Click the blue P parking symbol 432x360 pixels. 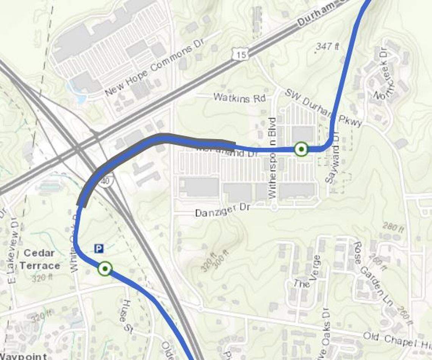(x=99, y=249)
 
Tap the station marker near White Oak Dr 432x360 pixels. (x=105, y=269)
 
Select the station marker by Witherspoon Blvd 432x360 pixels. (x=301, y=149)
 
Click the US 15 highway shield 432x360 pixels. (x=240, y=55)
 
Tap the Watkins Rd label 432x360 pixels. (x=239, y=98)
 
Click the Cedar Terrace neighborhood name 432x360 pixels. (x=40, y=259)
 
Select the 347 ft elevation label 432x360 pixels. (x=328, y=47)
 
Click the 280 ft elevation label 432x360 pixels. (x=393, y=227)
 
